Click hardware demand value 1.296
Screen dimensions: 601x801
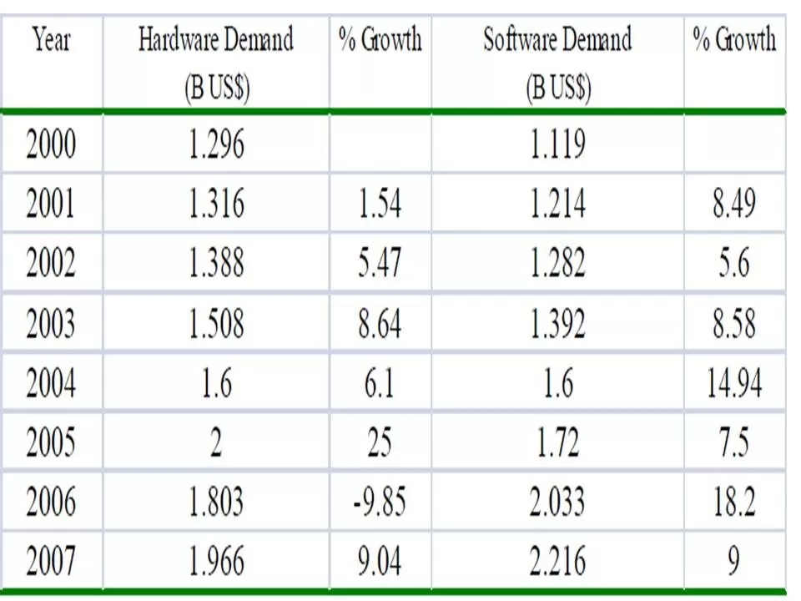[216, 144]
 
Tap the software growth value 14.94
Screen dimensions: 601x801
[733, 384]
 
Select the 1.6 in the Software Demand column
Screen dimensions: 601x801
[557, 384]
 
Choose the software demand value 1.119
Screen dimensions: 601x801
[557, 144]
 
